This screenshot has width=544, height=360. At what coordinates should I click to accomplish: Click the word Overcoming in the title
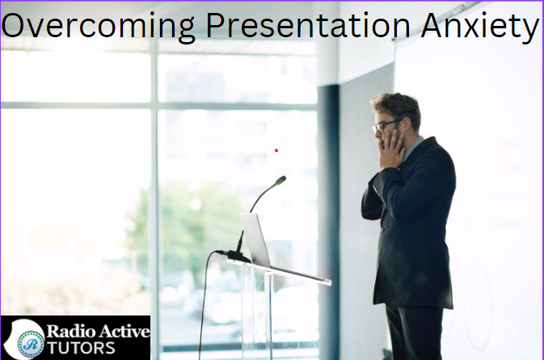[x=98, y=27]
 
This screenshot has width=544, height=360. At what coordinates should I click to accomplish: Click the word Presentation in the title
[x=308, y=25]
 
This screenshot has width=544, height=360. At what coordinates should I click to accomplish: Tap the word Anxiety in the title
[x=480, y=27]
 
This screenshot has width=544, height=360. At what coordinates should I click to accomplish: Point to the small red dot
[x=276, y=150]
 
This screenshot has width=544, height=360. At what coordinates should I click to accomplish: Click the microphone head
[x=280, y=180]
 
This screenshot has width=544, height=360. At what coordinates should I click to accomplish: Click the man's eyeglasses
[x=386, y=125]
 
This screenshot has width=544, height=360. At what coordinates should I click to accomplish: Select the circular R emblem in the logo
[x=32, y=345]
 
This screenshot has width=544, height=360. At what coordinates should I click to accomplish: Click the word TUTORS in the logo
[x=81, y=348]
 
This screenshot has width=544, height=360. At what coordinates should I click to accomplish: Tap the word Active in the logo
[x=123, y=331]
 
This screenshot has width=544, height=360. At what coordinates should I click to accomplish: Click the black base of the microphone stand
[x=238, y=257]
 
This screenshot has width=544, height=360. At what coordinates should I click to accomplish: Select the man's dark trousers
[x=415, y=332]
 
